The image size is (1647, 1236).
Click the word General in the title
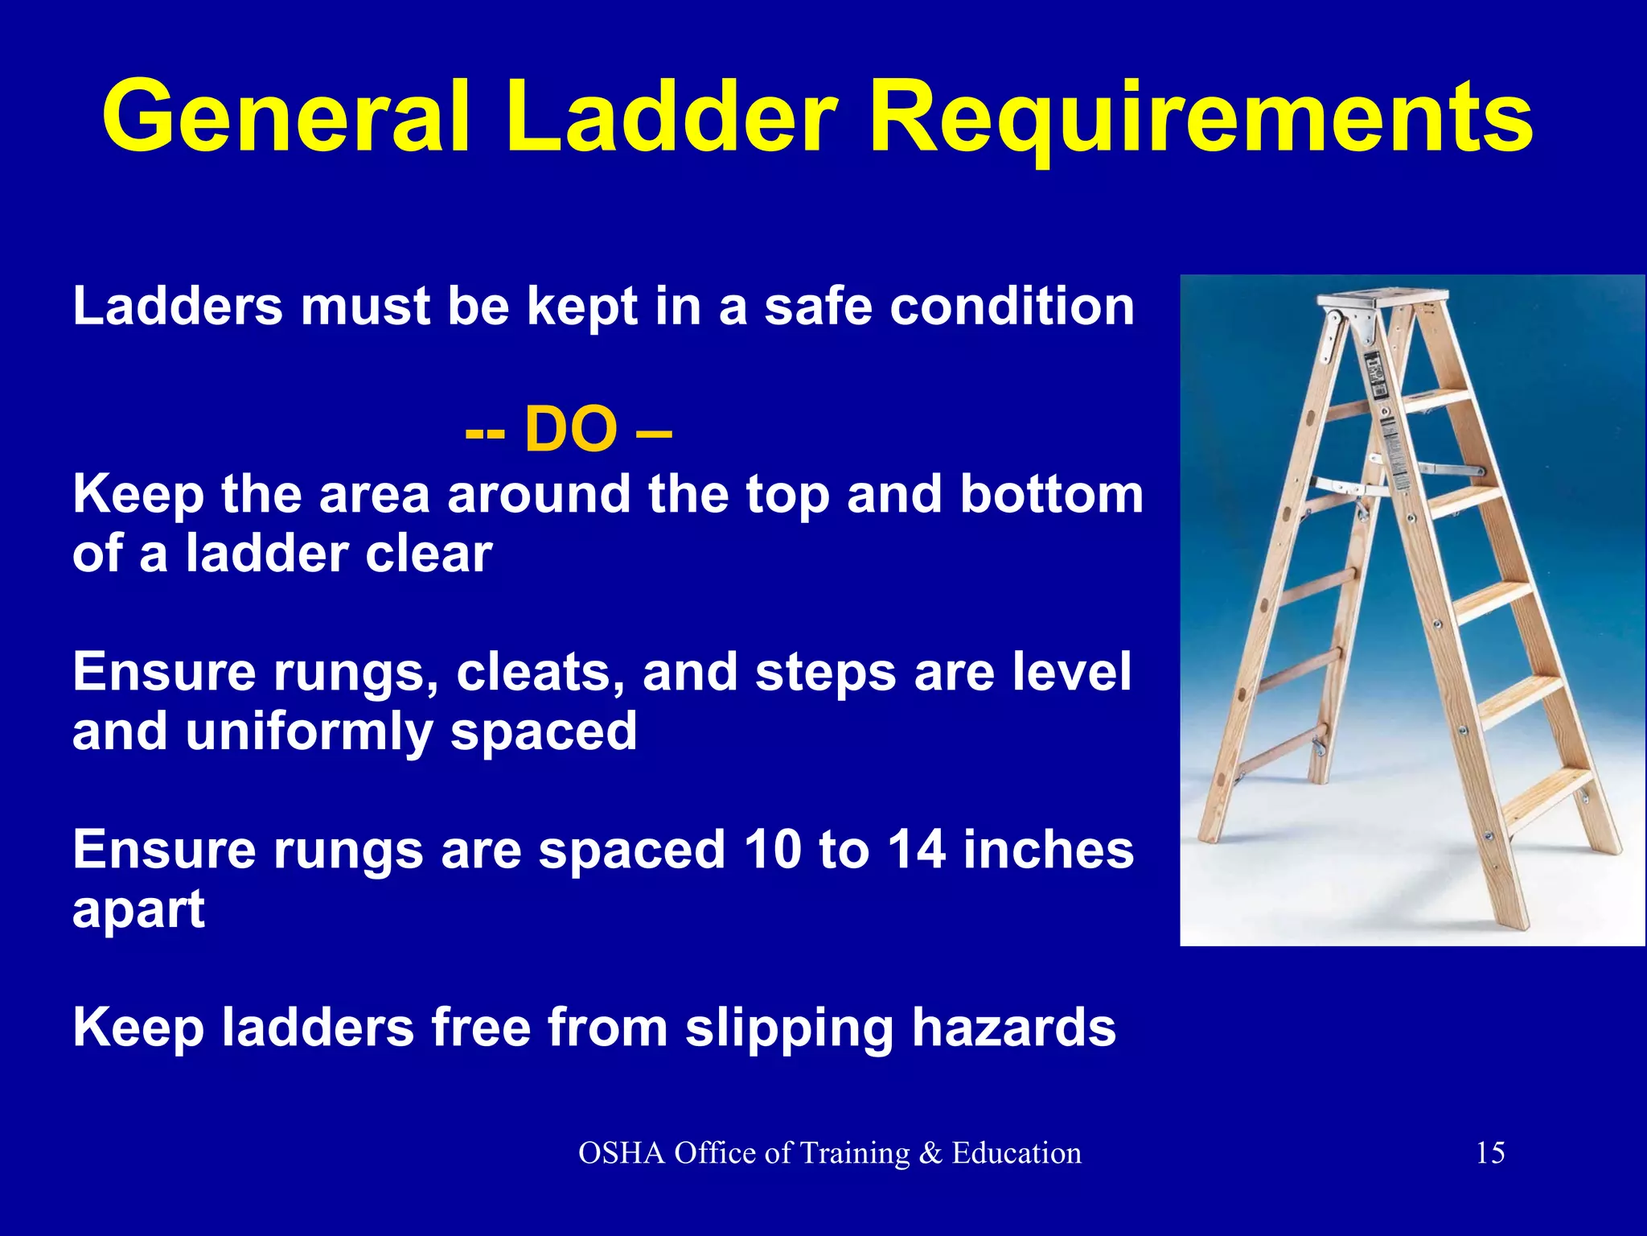pos(285,117)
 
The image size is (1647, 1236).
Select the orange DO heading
pos(569,430)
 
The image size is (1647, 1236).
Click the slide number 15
pos(1490,1153)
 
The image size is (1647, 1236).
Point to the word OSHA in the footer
pos(622,1153)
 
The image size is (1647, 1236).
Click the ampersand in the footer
pos(930,1153)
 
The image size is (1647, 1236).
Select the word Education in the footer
pos(1017,1153)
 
